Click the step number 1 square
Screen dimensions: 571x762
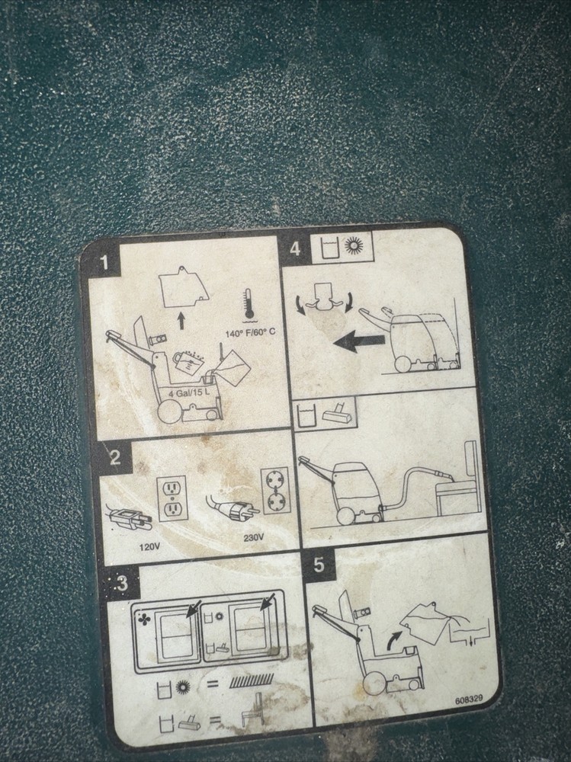point(104,263)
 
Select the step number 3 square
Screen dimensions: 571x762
point(121,583)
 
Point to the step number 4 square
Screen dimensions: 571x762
point(295,248)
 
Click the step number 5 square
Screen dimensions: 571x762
point(319,565)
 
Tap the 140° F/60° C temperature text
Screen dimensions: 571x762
point(250,333)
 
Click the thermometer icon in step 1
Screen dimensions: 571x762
point(249,306)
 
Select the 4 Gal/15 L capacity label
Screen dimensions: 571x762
point(190,393)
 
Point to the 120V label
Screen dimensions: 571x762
point(150,547)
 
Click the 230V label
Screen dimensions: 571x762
point(253,537)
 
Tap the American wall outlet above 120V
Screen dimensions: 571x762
point(172,498)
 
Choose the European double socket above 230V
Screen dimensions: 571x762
point(276,490)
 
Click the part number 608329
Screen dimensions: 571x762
point(469,700)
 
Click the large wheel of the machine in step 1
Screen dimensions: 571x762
point(171,413)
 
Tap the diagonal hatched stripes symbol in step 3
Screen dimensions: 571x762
point(252,681)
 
